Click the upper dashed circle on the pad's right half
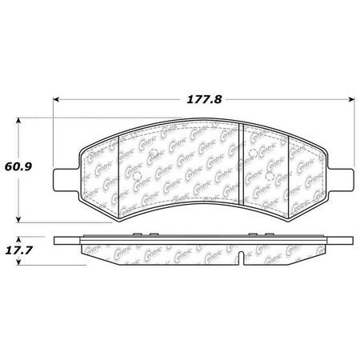(x=251, y=153)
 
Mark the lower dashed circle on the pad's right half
(x=273, y=177)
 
